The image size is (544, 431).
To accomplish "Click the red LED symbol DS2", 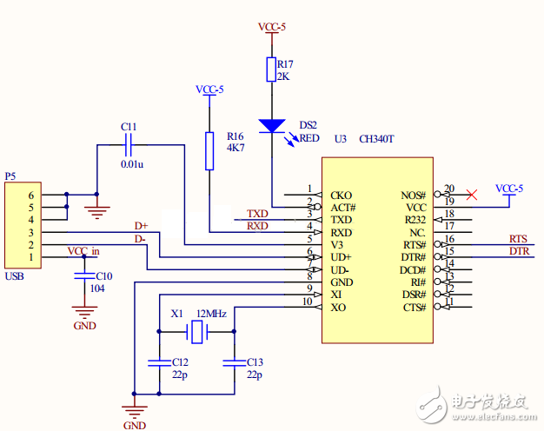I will pyautogui.click(x=272, y=125).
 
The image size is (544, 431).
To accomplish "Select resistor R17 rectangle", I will pyautogui.click(x=271, y=70).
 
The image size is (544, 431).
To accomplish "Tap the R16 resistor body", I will pyautogui.click(x=209, y=150).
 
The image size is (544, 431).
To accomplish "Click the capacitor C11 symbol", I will pyautogui.click(x=129, y=145).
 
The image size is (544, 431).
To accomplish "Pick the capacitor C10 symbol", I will pyautogui.click(x=83, y=276).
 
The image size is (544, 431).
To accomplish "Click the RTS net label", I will pyautogui.click(x=518, y=239).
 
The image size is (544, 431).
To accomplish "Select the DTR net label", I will pyautogui.click(x=518, y=252).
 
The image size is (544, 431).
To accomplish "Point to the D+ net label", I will pyautogui.click(x=141, y=226).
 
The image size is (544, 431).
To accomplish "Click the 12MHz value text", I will pyautogui.click(x=211, y=313).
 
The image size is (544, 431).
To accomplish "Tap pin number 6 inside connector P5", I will pyautogui.click(x=30, y=196).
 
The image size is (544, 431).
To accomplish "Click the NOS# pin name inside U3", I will pyautogui.click(x=413, y=196).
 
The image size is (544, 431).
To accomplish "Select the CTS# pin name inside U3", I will pyautogui.click(x=413, y=308).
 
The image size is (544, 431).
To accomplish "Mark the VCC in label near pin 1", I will pyautogui.click(x=84, y=252).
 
